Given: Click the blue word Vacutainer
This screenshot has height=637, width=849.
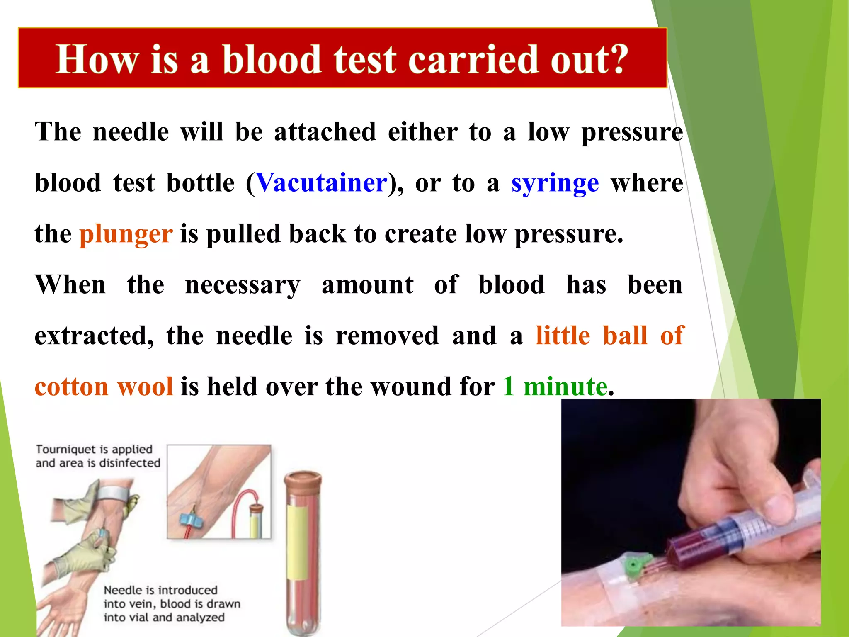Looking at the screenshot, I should pos(322,183).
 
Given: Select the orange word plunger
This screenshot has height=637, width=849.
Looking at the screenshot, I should pos(126,234).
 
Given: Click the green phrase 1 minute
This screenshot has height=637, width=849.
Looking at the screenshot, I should pos(555,387).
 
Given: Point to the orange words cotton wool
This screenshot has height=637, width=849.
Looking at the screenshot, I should pos(104,387).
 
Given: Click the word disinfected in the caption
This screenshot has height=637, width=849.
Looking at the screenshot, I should pos(129,463).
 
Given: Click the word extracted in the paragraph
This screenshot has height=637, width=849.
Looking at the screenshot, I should pos(94,336).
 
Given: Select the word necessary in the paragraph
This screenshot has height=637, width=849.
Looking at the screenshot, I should pos(243,285).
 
